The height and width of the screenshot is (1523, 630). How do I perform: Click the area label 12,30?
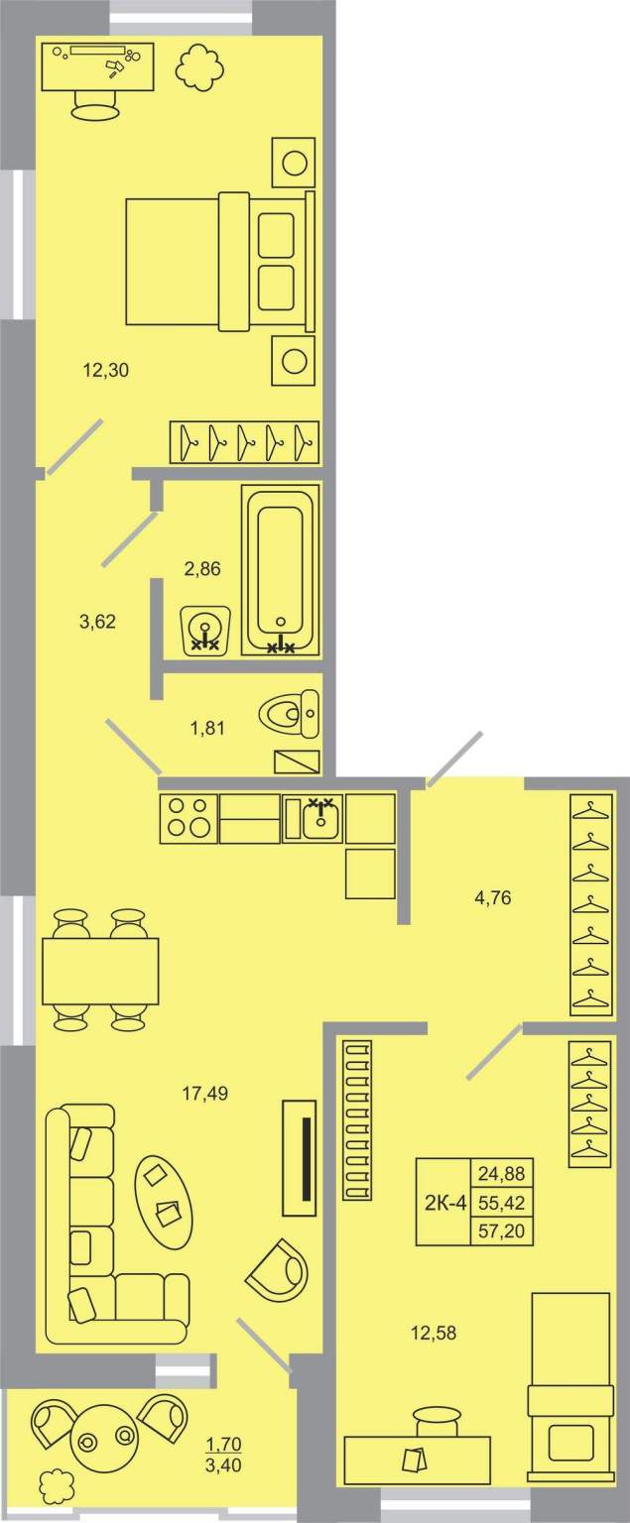pos(105,371)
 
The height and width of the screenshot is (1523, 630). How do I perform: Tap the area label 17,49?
pos(204,1094)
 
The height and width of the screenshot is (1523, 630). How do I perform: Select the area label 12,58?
pos(434,1333)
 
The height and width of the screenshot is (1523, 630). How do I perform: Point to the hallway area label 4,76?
pos(492,897)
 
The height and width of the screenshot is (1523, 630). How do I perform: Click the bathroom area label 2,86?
pos(202,568)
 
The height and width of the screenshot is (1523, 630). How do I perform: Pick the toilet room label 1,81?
pos(206,728)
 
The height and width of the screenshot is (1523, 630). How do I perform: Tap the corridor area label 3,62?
pos(98,621)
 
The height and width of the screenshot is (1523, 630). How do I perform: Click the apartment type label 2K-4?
pos(445,1203)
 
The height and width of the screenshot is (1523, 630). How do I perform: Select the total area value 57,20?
pos(502,1230)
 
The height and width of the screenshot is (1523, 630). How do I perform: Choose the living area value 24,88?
pos(502,1174)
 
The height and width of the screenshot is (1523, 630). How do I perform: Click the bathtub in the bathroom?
pos(281,570)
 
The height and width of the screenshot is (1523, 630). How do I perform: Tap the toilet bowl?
pos(289,714)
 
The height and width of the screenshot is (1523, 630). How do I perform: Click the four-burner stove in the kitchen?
pos(189,819)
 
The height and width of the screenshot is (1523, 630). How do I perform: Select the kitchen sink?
pos(314,819)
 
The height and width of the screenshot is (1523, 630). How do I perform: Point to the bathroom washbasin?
pos(205,631)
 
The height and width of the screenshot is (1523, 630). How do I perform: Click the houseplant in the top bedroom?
pos(199,66)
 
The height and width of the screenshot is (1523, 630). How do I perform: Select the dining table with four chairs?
pos(100,971)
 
